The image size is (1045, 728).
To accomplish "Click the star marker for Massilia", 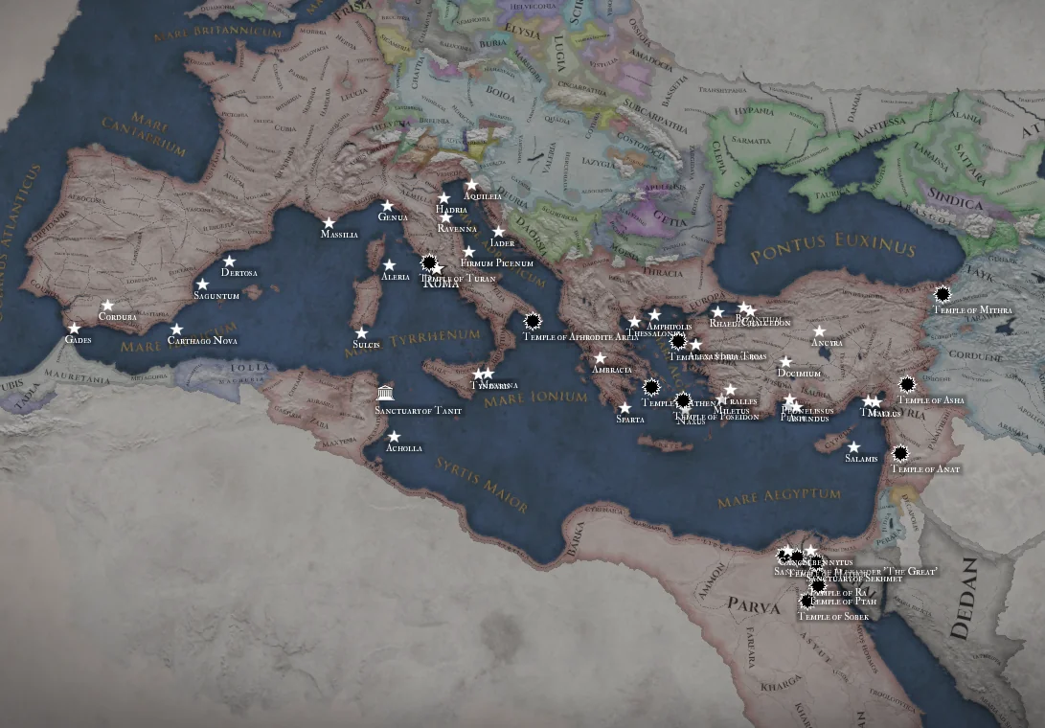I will [329, 222].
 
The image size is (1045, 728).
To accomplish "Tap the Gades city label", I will [79, 340].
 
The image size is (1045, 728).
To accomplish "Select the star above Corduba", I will [107, 306].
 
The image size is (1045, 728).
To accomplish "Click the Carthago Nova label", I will [202, 341].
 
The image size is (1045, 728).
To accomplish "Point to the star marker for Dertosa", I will [229, 262].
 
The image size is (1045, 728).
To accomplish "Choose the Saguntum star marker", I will [202, 284].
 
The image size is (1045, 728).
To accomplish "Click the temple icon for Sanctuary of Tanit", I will [385, 393].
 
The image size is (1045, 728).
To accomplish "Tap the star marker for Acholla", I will [394, 437].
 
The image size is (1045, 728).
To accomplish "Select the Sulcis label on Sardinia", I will [366, 345].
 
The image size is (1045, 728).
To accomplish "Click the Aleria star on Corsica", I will [389, 265].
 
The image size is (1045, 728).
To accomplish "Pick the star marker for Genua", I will [387, 205].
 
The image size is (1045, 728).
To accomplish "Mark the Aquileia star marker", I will [471, 185].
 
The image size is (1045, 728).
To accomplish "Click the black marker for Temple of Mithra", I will [943, 294].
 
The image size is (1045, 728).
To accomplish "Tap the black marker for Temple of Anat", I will [900, 453].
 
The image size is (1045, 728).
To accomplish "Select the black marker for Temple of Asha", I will [907, 384].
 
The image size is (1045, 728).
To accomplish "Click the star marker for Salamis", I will [853, 446].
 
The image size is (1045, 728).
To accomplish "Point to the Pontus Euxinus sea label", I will [833, 249].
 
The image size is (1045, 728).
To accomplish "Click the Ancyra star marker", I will [819, 330].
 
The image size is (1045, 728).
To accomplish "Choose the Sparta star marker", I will [625, 408].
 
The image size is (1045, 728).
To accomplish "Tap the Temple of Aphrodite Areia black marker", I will [533, 321].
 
